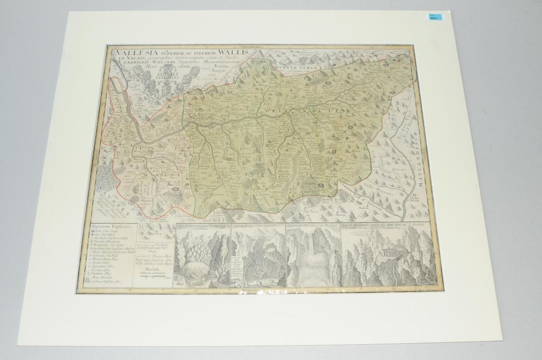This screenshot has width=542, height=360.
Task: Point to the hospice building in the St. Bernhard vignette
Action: pos(390,253)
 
